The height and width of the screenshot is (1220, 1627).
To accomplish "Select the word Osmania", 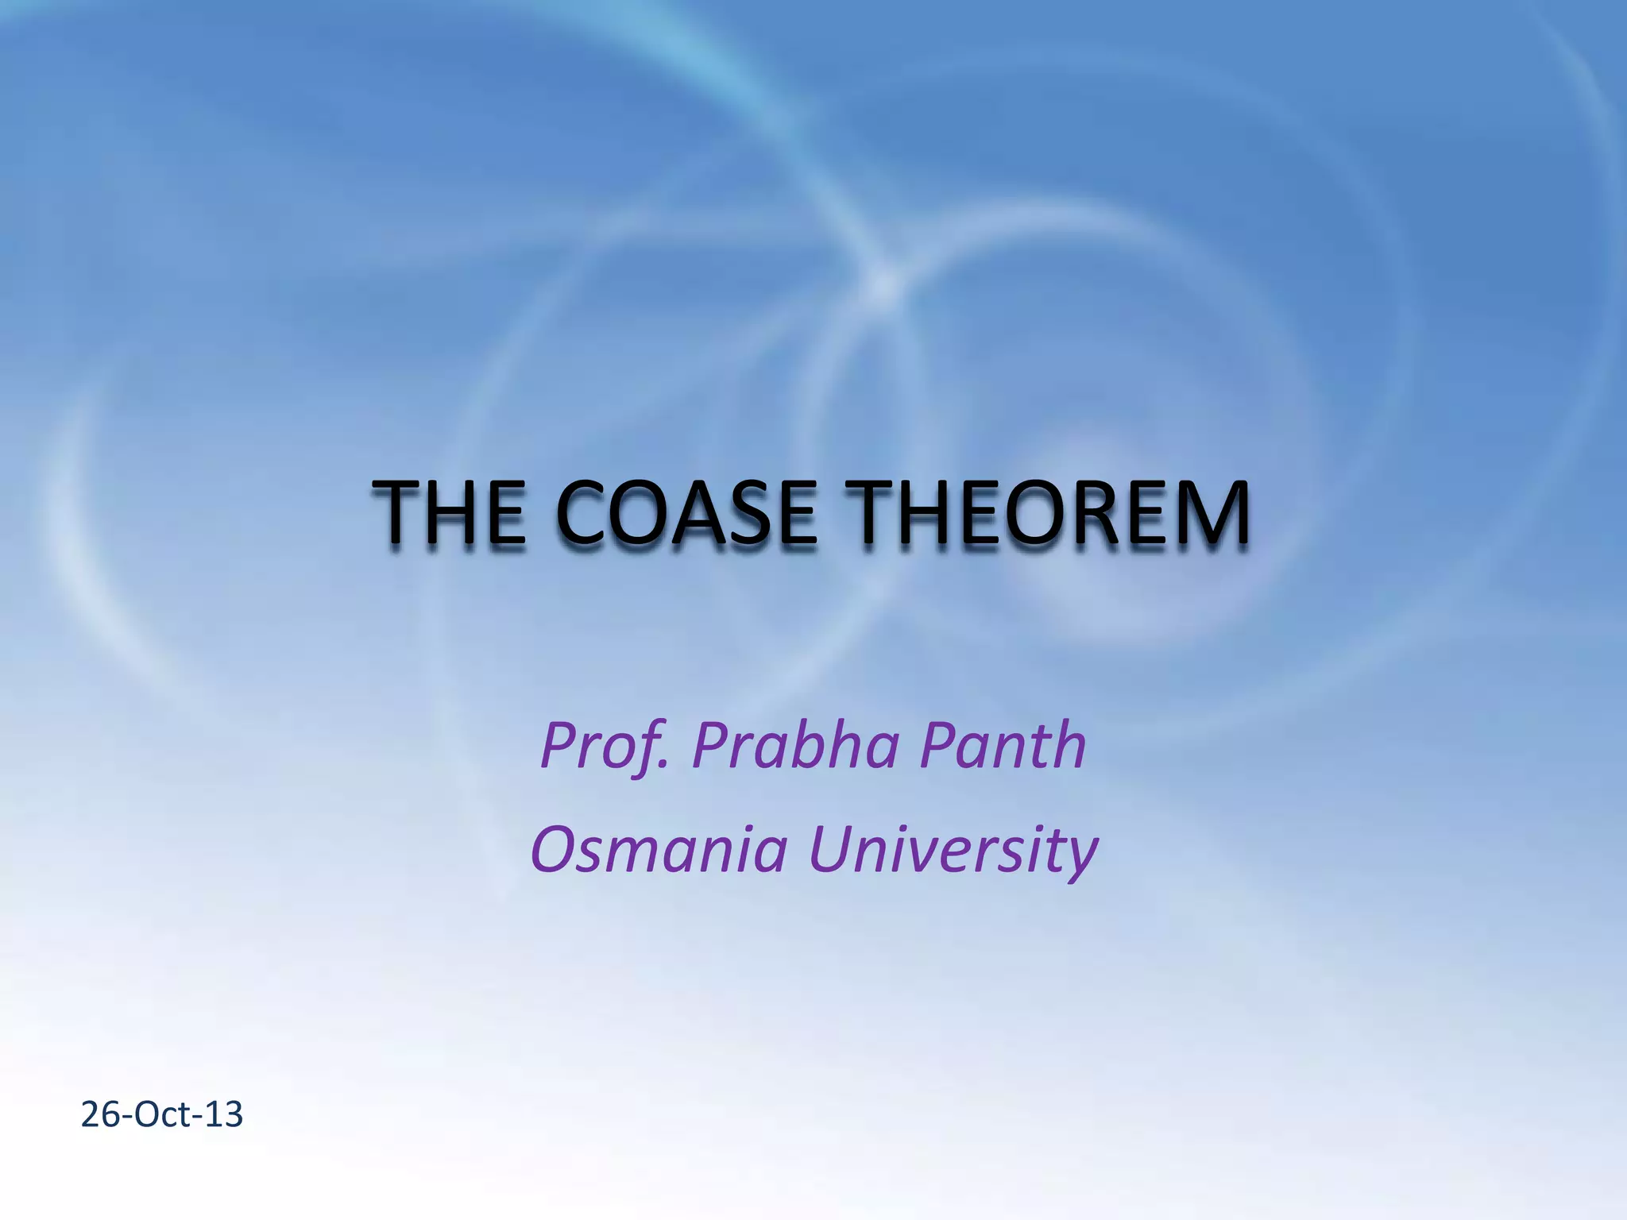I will (659, 848).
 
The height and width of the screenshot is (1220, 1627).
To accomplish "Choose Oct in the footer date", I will (162, 1114).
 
